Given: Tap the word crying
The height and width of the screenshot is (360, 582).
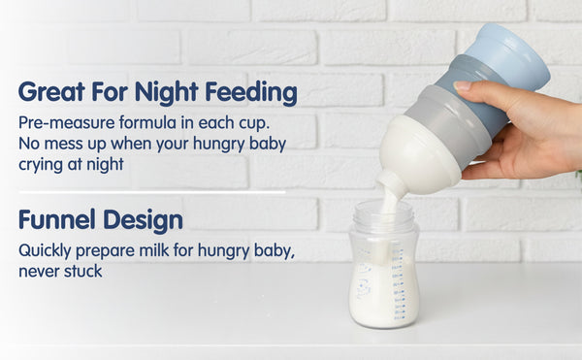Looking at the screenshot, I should pos(44,163).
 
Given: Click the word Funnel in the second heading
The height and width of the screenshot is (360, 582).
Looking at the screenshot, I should pos(55,220).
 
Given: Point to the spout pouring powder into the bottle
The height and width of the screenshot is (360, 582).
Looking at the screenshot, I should pos(392,184).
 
